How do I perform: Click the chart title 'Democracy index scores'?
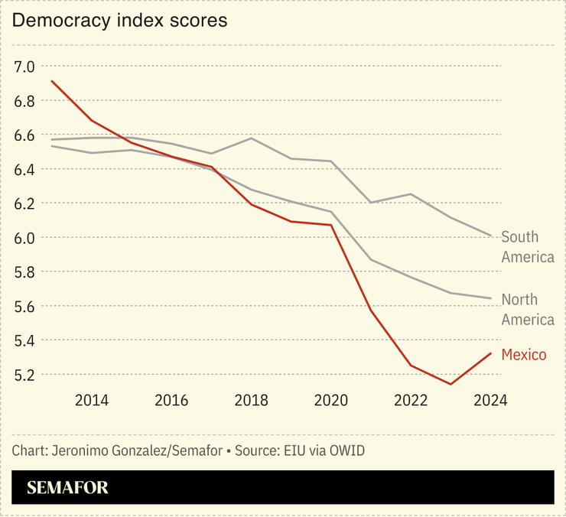[119, 21]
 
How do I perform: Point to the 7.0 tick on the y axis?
[25, 67]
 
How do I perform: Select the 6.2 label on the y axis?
[25, 203]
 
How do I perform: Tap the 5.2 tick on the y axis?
[25, 375]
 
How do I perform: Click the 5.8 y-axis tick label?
[25, 272]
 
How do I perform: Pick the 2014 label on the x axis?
[91, 400]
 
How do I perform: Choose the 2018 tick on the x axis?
[251, 400]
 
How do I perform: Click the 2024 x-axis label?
[490, 400]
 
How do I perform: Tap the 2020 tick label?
[330, 400]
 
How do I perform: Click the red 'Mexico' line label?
[524, 354]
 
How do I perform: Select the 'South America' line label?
[528, 247]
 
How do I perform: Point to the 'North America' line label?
[528, 309]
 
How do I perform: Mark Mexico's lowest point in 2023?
[451, 384]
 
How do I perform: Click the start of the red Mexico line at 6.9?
[51, 81]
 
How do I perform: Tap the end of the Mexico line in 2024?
[490, 353]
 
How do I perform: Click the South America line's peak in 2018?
[251, 138]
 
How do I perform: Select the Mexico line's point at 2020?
[330, 225]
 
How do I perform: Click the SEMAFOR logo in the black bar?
[68, 488]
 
